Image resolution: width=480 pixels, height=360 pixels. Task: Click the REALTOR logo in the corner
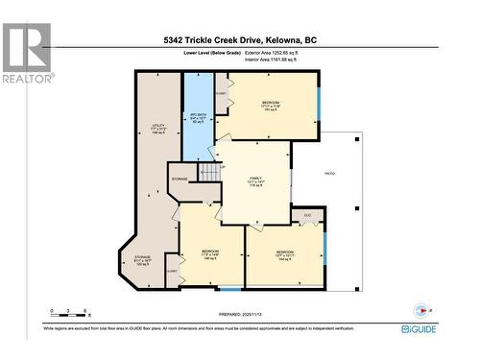tap(26, 52)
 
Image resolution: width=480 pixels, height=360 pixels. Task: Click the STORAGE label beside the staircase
tap(180, 179)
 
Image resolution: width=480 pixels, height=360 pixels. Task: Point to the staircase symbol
tap(209, 173)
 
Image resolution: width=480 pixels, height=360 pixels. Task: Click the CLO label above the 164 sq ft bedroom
tap(308, 214)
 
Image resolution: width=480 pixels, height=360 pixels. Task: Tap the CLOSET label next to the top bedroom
tap(221, 94)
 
